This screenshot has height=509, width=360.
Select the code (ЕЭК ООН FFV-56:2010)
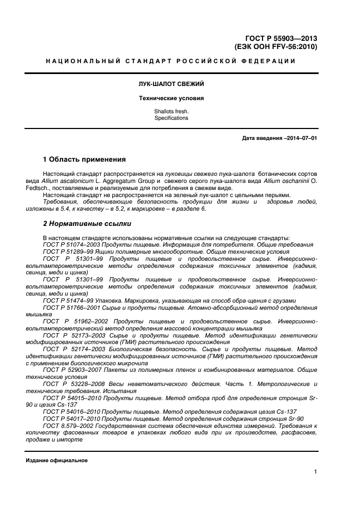278,47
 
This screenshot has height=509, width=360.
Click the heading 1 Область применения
84,160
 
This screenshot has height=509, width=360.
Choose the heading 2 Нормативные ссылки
87,224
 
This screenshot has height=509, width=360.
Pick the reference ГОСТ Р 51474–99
66,301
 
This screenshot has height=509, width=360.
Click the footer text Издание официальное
57,461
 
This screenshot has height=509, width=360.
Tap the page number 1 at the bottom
315,472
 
